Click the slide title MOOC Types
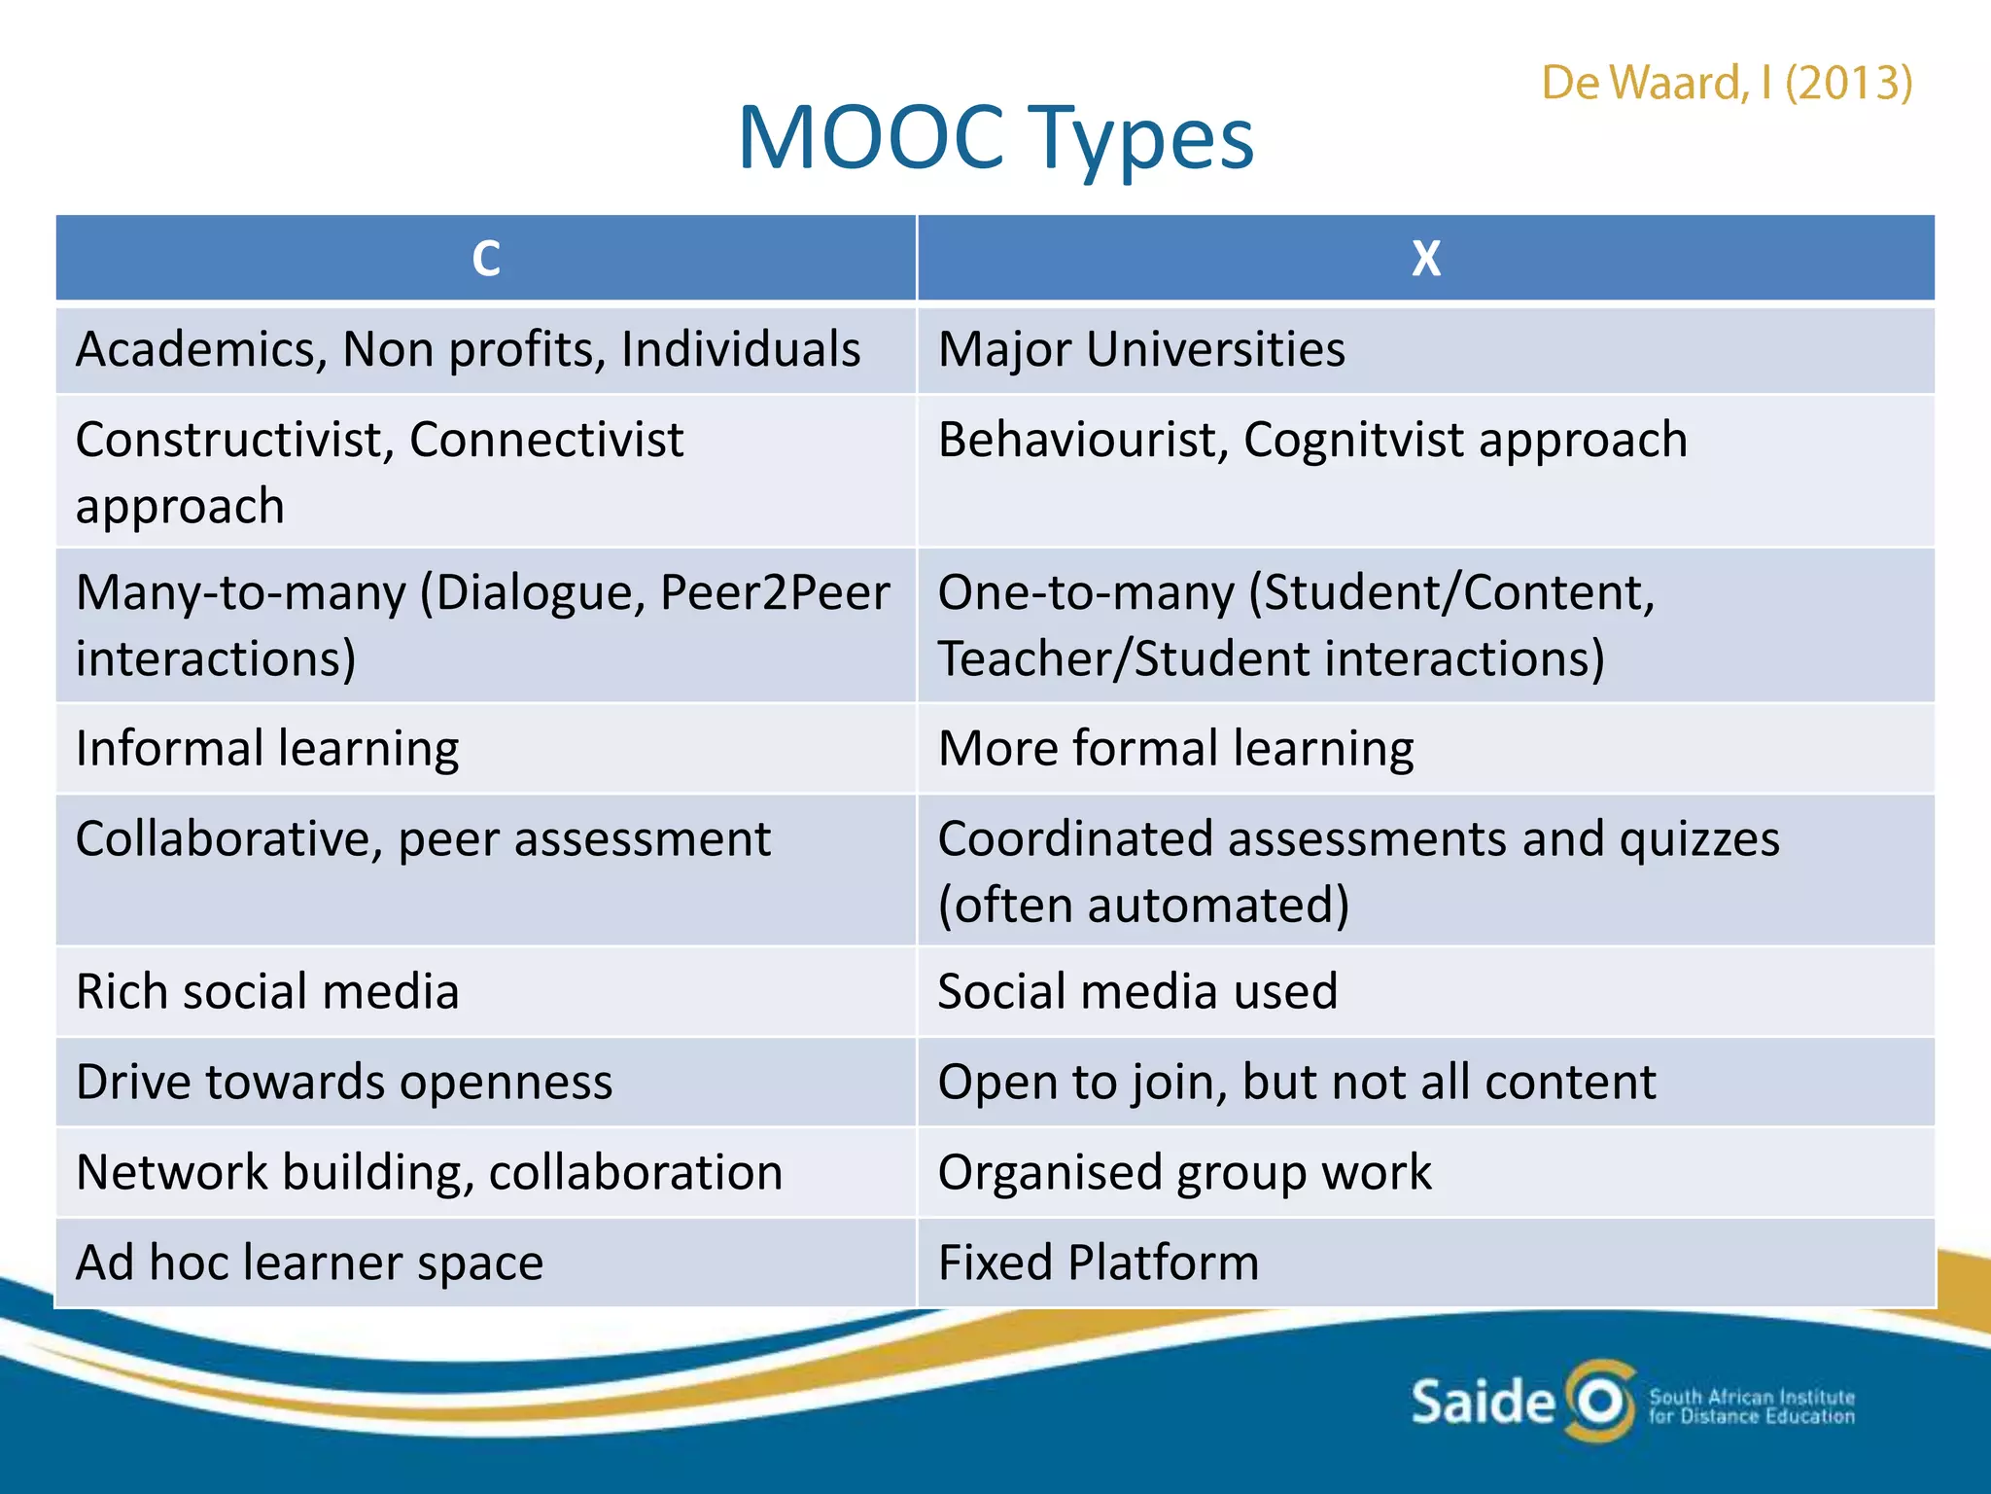point(995,139)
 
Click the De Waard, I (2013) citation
point(1727,84)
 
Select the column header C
point(486,259)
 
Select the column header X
point(1425,259)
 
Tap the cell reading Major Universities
point(1141,350)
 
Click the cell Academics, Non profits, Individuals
point(469,350)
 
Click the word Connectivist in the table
point(546,440)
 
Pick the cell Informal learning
point(267,749)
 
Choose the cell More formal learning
point(1175,749)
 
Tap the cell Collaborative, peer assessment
point(423,839)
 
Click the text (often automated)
point(1143,906)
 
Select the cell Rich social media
point(267,992)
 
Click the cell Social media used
point(1137,992)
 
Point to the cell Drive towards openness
point(344,1083)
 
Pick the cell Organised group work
point(1184,1173)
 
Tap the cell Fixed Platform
point(1099,1263)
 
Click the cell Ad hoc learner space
point(309,1263)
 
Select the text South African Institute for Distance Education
point(1752,1406)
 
